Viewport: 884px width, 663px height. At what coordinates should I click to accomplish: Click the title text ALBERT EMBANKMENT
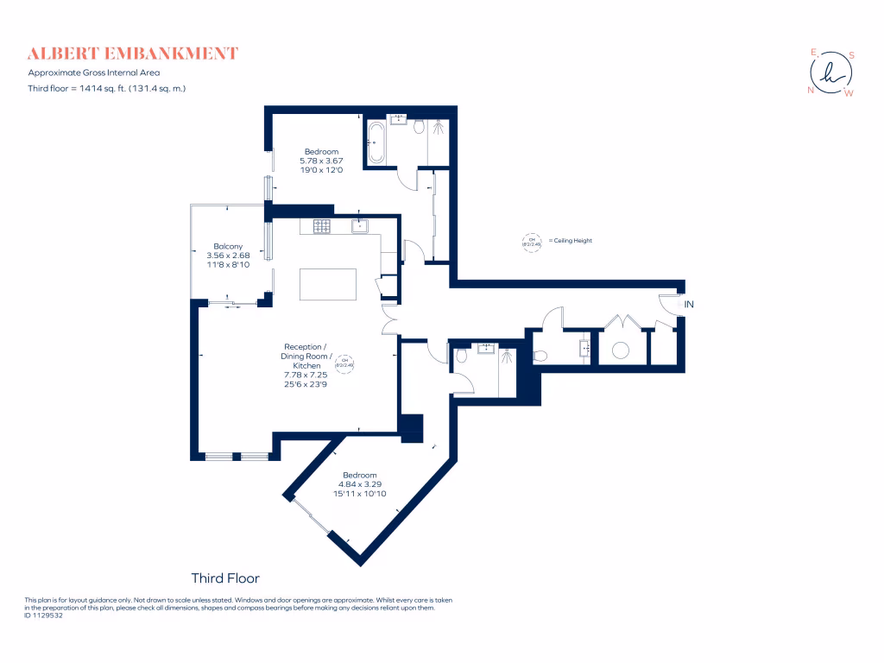tap(132, 54)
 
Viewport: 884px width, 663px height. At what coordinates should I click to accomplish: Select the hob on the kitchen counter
tap(322, 226)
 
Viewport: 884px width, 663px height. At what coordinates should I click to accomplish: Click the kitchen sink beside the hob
tap(360, 226)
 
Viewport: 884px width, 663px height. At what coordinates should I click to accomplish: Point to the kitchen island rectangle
tap(328, 284)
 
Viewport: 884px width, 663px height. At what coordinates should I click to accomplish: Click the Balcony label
tap(228, 246)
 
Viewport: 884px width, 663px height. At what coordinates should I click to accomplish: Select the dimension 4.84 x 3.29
tap(359, 484)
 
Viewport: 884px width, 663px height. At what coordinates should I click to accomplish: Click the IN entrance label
tap(689, 305)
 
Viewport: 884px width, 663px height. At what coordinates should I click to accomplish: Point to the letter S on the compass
tap(851, 55)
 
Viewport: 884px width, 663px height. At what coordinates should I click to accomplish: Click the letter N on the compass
tap(811, 90)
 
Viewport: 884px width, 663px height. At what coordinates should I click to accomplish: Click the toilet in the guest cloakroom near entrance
tap(541, 355)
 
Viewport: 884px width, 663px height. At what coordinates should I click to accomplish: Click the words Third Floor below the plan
tap(224, 578)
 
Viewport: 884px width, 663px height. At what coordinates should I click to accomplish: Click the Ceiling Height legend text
tap(570, 241)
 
